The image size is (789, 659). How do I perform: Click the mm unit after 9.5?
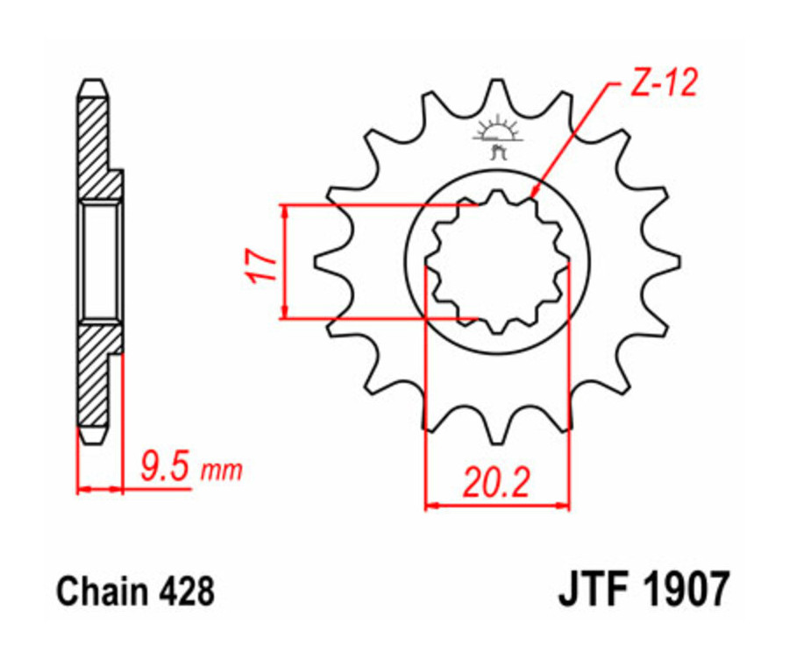coord(221,471)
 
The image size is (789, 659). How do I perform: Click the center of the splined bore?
coord(497,261)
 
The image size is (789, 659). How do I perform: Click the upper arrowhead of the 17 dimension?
coord(284,211)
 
